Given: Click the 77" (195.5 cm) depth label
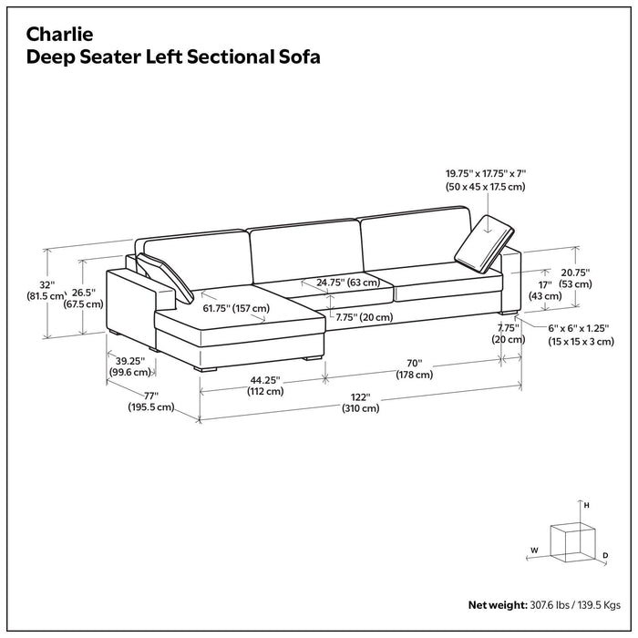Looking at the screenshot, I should (150, 401).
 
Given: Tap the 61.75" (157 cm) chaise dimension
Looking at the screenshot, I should (236, 308).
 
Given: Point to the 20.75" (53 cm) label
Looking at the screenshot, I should (575, 278).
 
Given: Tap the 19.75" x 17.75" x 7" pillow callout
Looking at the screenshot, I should (486, 179).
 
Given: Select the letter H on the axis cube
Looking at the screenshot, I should (587, 504).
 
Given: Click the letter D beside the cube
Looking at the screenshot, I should (605, 554).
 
